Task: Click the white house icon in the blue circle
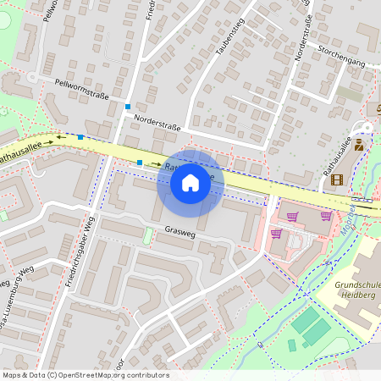tap(190, 182)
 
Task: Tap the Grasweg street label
tap(179, 231)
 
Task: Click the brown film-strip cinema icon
tap(338, 179)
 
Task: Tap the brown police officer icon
tap(359, 145)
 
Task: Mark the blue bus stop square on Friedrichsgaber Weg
tap(127, 107)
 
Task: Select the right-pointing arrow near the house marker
tap(157, 163)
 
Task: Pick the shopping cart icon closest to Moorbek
tap(326, 216)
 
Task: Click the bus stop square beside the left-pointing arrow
tap(80, 137)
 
